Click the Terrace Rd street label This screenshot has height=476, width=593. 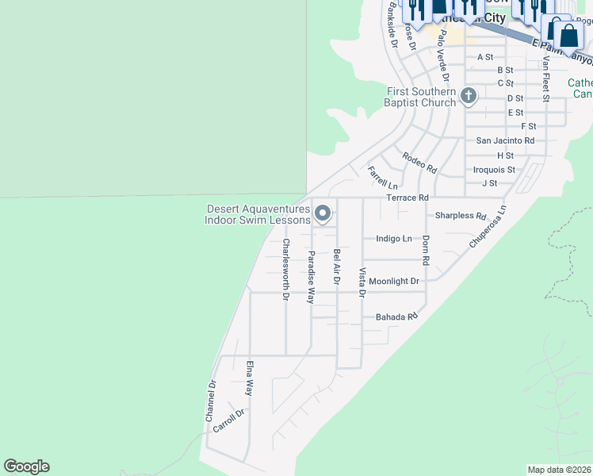pos(407,198)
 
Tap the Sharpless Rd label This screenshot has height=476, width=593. pos(461,216)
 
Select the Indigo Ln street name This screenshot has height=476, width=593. pos(394,238)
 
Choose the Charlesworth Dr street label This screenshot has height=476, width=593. pos(285,270)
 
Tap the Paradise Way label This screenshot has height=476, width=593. pos(312,277)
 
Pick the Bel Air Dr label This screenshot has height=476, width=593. pos(337,267)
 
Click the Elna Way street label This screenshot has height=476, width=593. pos(249,378)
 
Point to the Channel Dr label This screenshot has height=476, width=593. pos(211,401)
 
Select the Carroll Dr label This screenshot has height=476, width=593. pos(228,421)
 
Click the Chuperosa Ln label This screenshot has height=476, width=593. pos(487,228)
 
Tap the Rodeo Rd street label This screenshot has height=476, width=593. pos(419,163)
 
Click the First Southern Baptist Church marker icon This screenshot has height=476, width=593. pos(469,97)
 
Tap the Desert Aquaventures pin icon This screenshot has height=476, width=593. pos(323,213)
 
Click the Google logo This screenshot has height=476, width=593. pos(26,466)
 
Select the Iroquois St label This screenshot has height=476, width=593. pos(494,170)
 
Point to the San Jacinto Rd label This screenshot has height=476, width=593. pos(505,140)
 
